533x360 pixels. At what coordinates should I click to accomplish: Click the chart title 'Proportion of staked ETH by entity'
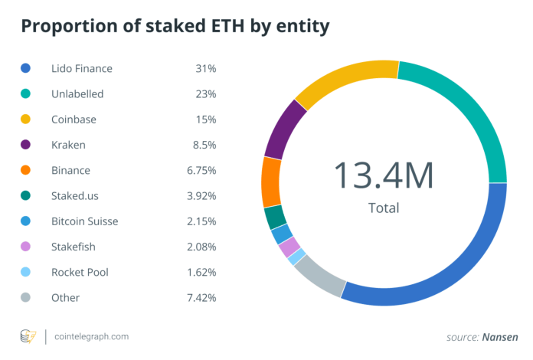click(175, 27)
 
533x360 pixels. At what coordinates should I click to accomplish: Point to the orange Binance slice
click(271, 182)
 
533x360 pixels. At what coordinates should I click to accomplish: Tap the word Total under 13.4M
click(383, 208)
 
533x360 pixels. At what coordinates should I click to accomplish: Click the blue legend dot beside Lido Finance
click(25, 69)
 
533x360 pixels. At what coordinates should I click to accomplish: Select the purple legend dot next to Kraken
click(25, 145)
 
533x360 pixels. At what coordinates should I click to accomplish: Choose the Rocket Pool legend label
click(80, 272)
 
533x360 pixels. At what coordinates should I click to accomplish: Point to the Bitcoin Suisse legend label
click(84, 221)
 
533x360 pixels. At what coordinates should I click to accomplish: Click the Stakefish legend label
click(75, 247)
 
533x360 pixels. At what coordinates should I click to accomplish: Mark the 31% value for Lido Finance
click(205, 69)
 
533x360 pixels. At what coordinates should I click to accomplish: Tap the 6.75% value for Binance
click(200, 170)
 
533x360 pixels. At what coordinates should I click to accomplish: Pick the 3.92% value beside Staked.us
click(200, 196)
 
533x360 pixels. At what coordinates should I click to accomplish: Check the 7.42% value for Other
click(200, 297)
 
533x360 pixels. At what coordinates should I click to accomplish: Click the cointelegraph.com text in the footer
click(92, 336)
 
